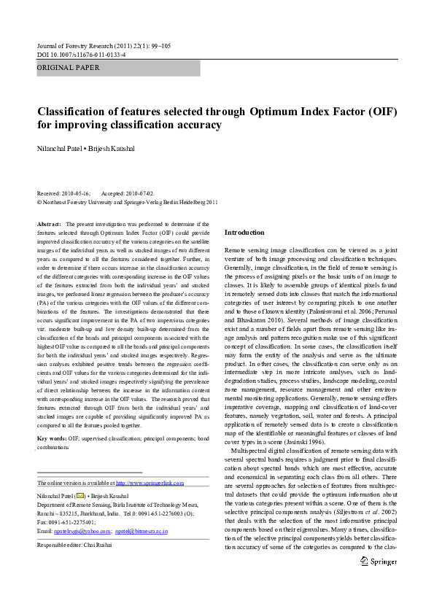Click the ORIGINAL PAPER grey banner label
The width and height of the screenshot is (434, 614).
[69, 69]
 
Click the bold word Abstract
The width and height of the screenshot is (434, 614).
[49, 223]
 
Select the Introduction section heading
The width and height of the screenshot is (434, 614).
[244, 232]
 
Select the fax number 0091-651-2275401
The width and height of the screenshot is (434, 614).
[71, 521]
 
